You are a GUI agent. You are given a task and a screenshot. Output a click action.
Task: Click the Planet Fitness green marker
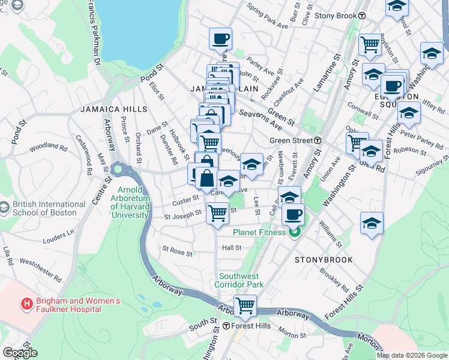click(294, 233)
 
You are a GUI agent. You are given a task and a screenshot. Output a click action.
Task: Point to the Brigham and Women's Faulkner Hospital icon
click(26, 305)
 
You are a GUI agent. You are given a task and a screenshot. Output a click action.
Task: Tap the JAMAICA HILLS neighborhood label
click(113, 109)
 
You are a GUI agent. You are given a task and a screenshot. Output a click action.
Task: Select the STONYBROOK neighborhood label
click(324, 260)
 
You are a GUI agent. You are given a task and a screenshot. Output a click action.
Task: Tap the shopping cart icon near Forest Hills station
click(245, 305)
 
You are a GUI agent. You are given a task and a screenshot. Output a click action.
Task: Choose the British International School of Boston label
click(46, 208)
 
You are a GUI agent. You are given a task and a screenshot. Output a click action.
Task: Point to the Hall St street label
click(231, 247)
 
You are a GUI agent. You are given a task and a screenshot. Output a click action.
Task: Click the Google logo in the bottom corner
click(20, 353)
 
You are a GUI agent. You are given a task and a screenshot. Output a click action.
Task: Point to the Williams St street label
click(331, 236)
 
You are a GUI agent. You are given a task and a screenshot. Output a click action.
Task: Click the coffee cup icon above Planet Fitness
click(293, 214)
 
